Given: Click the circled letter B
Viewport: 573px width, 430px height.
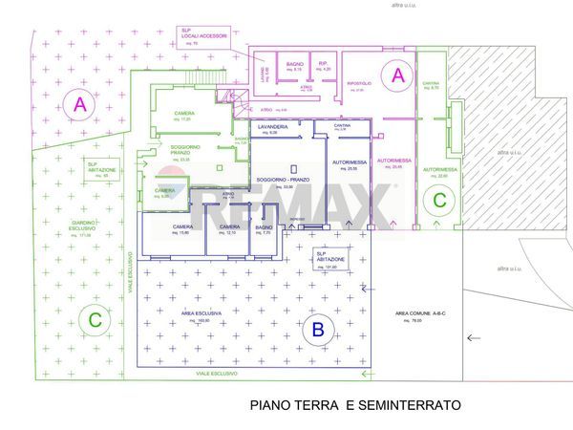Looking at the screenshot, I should [x=319, y=332].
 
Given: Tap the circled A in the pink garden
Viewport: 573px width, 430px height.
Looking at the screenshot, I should [x=79, y=104].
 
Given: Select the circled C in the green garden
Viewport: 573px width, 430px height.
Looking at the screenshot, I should [x=94, y=321].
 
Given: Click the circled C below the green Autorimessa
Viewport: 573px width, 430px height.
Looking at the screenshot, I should [x=439, y=201].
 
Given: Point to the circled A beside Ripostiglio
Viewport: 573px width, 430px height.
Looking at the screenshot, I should [x=398, y=74].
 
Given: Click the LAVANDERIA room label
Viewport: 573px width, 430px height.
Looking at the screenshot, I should [x=272, y=127].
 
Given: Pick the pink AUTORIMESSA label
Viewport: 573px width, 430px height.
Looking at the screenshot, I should [x=393, y=161].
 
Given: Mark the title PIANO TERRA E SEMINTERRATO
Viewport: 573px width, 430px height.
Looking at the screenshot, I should [x=355, y=405].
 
